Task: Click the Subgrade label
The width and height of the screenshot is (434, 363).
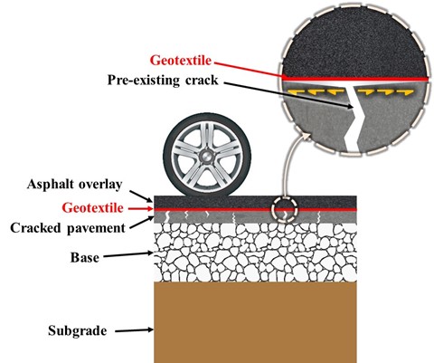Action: coord(78,330)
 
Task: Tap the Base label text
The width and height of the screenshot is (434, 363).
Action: coord(85,258)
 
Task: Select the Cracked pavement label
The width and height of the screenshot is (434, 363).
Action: coord(68,228)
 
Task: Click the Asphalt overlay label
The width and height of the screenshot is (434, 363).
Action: coord(74,185)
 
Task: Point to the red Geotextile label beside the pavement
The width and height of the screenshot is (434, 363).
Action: coord(93,208)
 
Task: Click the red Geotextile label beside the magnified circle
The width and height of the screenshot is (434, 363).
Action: coord(181,61)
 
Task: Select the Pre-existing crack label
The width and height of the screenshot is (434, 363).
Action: coord(163,81)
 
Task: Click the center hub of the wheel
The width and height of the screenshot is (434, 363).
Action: coord(207,156)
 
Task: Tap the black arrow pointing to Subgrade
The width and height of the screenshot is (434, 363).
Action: coord(134,330)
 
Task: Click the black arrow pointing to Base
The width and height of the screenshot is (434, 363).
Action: coord(128,255)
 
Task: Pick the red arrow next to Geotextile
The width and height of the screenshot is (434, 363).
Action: coord(141,208)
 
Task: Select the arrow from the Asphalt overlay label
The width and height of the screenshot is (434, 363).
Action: coord(142,196)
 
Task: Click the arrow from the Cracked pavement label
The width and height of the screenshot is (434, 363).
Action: coord(142,223)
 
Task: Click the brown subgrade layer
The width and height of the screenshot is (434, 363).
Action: coord(255,322)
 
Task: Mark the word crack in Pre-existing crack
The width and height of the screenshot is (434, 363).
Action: coord(202,81)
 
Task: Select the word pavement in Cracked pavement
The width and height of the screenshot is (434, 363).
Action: coord(96,228)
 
